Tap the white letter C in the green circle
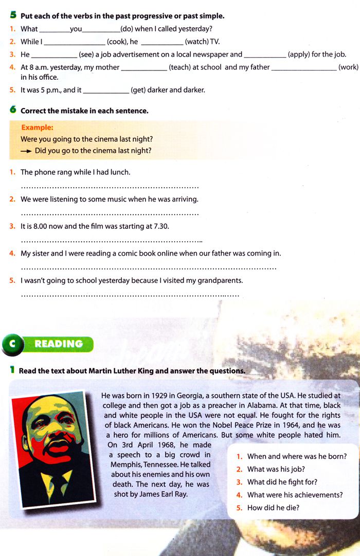pyautogui.click(x=12, y=344)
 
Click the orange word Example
pyautogui.click(x=37, y=128)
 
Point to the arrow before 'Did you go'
pyautogui.click(x=26, y=151)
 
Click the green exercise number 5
pyautogui.click(x=13, y=15)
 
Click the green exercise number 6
pyautogui.click(x=13, y=110)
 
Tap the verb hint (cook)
pyautogui.click(x=117, y=42)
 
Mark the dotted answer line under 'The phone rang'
pyautogui.click(x=110, y=187)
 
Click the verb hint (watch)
pyautogui.click(x=196, y=42)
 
